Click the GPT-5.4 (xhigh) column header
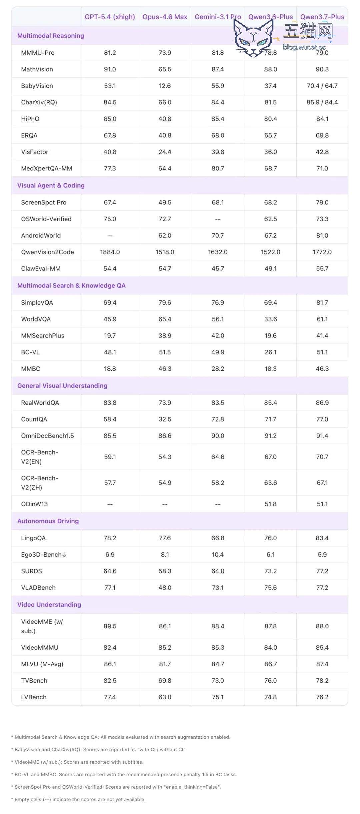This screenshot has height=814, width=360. (x=110, y=17)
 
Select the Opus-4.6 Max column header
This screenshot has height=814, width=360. (x=165, y=17)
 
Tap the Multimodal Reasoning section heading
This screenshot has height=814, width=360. (x=51, y=36)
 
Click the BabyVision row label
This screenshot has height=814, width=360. (x=37, y=86)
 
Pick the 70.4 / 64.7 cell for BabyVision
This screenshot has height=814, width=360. (x=322, y=86)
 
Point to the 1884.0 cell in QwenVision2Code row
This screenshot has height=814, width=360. (x=110, y=252)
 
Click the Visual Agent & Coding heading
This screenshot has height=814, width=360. (x=51, y=185)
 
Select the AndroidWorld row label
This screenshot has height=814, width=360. (x=41, y=235)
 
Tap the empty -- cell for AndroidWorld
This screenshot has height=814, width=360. (x=110, y=235)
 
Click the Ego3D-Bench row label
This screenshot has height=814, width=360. (x=44, y=555)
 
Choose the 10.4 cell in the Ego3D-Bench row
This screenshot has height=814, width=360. (x=218, y=555)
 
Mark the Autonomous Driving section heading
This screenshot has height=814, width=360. (x=48, y=521)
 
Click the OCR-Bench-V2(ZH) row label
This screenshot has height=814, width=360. (x=40, y=483)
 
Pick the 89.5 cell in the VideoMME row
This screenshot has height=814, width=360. (x=110, y=626)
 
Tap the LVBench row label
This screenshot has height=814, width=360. (x=34, y=697)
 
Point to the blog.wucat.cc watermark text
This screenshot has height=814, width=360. (x=304, y=47)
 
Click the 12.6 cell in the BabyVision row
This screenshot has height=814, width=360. (x=165, y=86)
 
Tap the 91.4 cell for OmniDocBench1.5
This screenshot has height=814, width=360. (x=322, y=436)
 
